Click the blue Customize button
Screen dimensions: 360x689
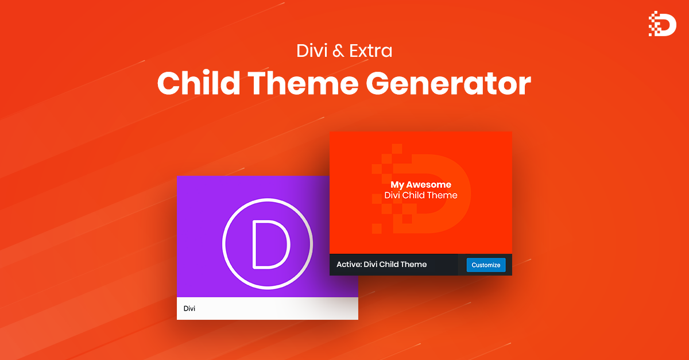(486, 265)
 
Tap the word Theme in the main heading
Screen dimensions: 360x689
(304, 84)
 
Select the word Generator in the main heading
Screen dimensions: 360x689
(448, 84)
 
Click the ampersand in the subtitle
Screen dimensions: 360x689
(339, 51)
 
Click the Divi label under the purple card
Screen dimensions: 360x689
(189, 308)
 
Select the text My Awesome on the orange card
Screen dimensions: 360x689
(421, 185)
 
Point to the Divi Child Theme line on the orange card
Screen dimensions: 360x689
(421, 195)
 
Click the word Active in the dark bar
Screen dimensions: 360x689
(348, 265)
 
